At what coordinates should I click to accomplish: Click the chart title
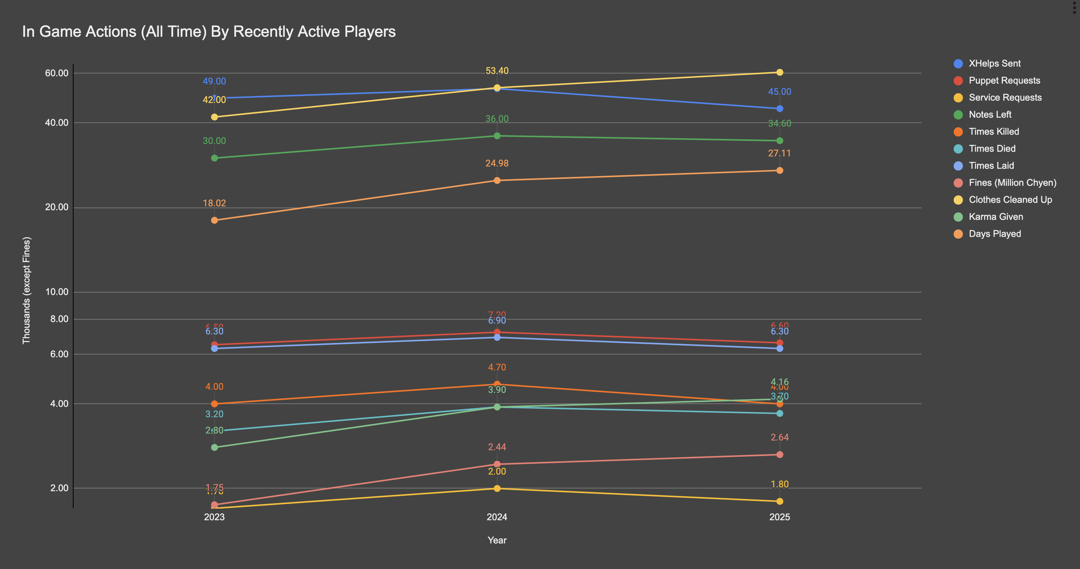[x=209, y=32]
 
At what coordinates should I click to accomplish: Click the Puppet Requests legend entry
[x=1004, y=81]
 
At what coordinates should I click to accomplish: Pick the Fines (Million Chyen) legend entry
[x=1012, y=183]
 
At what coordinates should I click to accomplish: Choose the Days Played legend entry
[x=994, y=234]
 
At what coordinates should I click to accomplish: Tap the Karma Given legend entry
[x=995, y=217]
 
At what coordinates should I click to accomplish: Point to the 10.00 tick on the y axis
[x=57, y=292]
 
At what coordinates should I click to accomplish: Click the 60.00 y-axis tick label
[x=57, y=73]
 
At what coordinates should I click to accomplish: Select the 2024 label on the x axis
[x=497, y=517]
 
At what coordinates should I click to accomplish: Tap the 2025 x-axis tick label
[x=779, y=517]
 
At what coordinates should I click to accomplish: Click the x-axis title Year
[x=497, y=540]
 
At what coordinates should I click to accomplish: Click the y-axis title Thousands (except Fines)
[x=26, y=290]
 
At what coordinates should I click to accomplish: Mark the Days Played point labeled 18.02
[x=214, y=220]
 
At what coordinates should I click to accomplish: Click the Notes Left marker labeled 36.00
[x=497, y=136]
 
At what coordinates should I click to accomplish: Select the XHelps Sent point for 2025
[x=779, y=109]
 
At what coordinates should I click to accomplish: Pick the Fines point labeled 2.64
[x=779, y=454]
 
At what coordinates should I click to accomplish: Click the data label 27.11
[x=779, y=154]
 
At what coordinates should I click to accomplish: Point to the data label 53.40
[x=497, y=71]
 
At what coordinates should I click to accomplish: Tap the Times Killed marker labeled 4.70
[x=497, y=384]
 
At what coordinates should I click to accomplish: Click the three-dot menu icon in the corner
[x=1074, y=7]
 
